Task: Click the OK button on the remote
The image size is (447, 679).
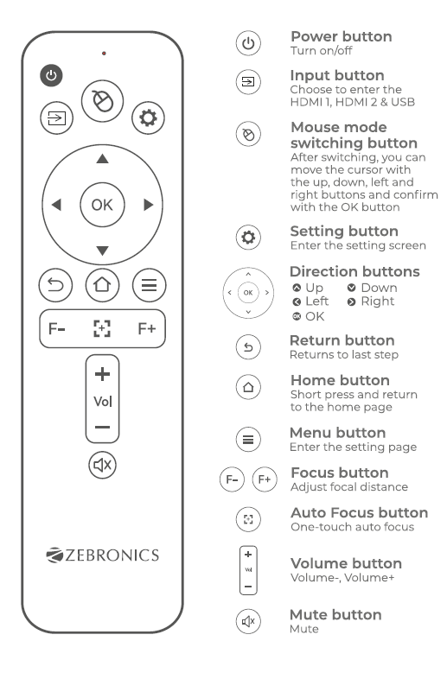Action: pyautogui.click(x=102, y=205)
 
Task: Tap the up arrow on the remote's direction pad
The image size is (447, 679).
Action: pyautogui.click(x=102, y=159)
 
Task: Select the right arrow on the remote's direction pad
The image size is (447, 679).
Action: pyautogui.click(x=148, y=205)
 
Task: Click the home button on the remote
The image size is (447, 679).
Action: pyautogui.click(x=102, y=283)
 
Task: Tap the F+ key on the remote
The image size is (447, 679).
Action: pyautogui.click(x=147, y=328)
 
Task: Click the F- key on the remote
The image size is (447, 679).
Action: pyautogui.click(x=57, y=328)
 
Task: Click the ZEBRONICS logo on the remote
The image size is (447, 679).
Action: pyautogui.click(x=102, y=555)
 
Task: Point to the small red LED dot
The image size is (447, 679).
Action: pyautogui.click(x=103, y=54)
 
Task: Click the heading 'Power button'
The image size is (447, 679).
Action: pyautogui.click(x=341, y=36)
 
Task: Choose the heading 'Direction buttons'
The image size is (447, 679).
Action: pyautogui.click(x=354, y=271)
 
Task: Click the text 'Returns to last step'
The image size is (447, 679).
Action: pyautogui.click(x=343, y=355)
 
